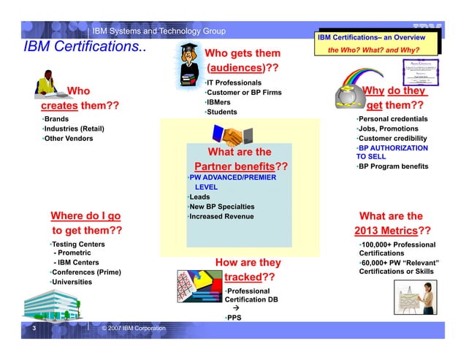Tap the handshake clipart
coord(227,136)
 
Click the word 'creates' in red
coord(60,107)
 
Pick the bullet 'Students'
coord(221,112)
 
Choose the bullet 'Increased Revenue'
coord(221,216)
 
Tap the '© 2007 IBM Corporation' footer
coord(134,331)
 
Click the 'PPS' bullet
coord(234,318)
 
